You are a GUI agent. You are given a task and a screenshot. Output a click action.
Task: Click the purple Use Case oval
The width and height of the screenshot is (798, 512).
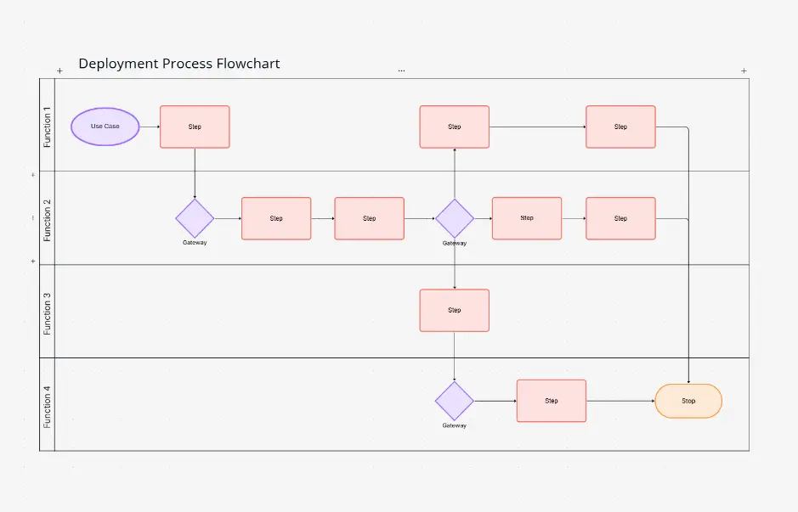pyautogui.click(x=105, y=127)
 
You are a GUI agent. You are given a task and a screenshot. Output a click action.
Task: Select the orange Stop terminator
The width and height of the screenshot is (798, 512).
pyautogui.click(x=688, y=401)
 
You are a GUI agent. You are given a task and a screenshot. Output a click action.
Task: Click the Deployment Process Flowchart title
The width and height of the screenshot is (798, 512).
pyautogui.click(x=179, y=64)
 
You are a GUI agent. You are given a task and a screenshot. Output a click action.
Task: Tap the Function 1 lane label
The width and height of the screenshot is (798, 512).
pyautogui.click(x=48, y=127)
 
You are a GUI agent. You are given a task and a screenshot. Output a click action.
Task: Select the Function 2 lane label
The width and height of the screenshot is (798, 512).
pyautogui.click(x=48, y=219)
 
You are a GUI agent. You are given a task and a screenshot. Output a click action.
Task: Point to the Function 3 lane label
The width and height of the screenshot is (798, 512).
pyautogui.click(x=48, y=312)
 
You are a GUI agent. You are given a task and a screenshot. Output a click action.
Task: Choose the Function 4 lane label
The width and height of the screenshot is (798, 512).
pyautogui.click(x=48, y=406)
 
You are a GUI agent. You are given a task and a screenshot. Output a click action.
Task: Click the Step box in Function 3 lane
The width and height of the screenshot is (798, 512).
pyautogui.click(x=454, y=310)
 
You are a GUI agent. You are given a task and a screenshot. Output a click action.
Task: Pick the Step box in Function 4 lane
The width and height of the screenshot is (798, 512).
pyautogui.click(x=551, y=401)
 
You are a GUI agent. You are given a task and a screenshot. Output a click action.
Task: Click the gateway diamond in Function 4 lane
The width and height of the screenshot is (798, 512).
pyautogui.click(x=454, y=401)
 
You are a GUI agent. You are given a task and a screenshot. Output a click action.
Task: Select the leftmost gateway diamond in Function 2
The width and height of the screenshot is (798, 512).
pyautogui.click(x=195, y=218)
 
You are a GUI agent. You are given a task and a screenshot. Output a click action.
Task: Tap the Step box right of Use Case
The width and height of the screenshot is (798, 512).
pyautogui.click(x=195, y=127)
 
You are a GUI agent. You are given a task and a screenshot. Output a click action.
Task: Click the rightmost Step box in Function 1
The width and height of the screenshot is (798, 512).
pyautogui.click(x=620, y=127)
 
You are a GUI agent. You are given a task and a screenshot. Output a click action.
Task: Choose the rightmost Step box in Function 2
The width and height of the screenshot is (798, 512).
pyautogui.click(x=620, y=218)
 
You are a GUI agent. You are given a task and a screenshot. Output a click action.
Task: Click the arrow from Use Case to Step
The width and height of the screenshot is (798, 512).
pyautogui.click(x=150, y=127)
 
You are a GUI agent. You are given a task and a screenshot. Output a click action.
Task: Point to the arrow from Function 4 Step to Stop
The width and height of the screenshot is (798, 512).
pyautogui.click(x=620, y=401)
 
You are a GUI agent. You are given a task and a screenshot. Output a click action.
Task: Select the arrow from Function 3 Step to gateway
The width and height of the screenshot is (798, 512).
pyautogui.click(x=454, y=356)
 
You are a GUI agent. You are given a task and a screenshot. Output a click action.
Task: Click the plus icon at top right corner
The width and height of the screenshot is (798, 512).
pyautogui.click(x=744, y=70)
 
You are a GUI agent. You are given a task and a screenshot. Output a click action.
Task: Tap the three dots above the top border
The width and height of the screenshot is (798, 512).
pyautogui.click(x=401, y=70)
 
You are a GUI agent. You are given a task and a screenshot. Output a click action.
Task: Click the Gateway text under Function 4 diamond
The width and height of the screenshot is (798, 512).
pyautogui.click(x=454, y=425)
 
